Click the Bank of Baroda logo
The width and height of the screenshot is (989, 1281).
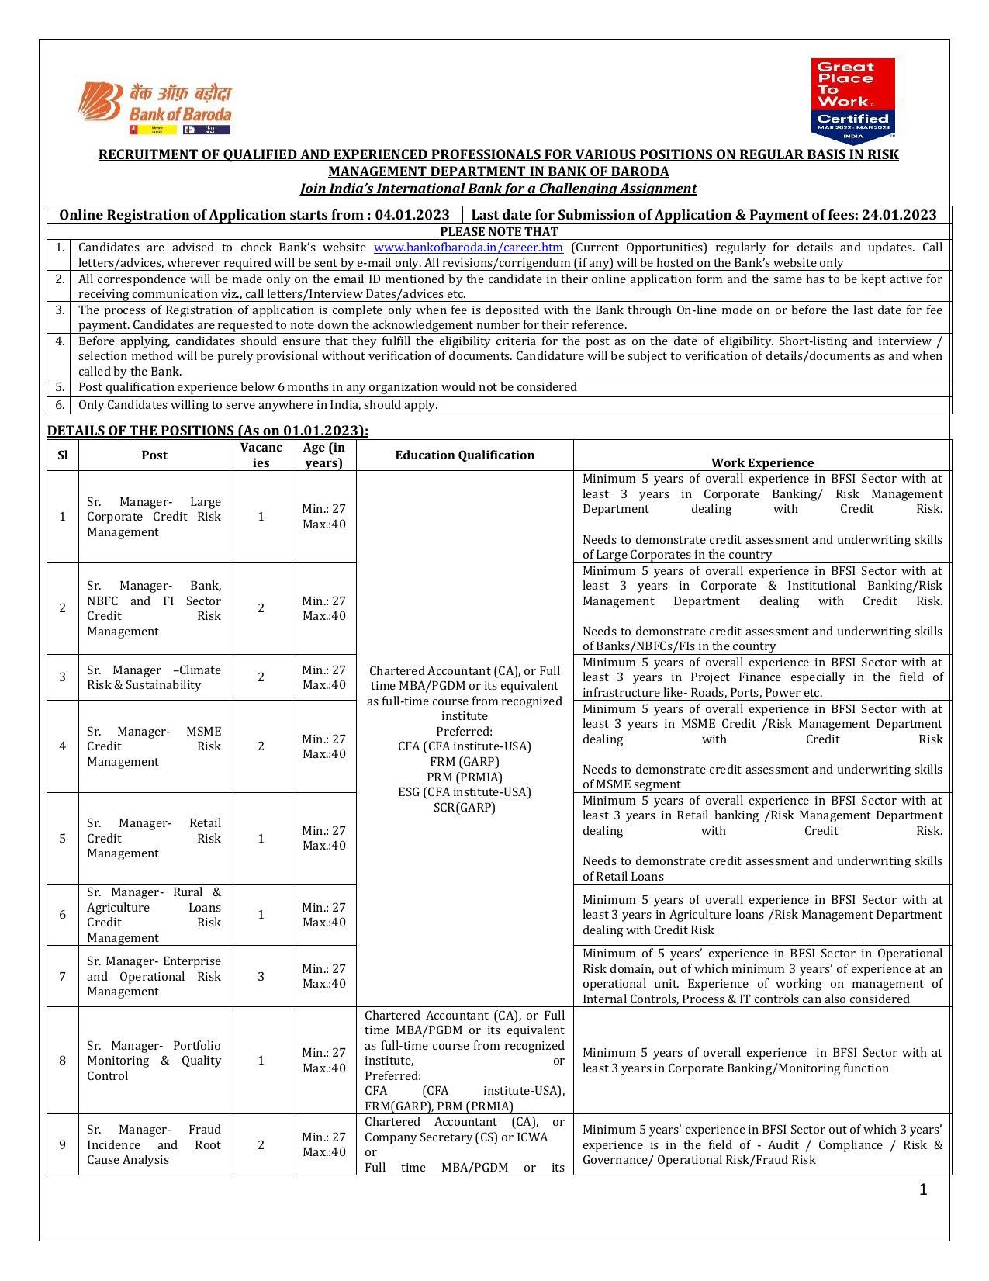(x=155, y=109)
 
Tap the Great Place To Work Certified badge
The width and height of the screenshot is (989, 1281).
(x=852, y=100)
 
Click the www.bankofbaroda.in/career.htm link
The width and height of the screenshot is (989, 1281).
(x=468, y=248)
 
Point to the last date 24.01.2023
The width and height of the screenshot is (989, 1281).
(x=898, y=215)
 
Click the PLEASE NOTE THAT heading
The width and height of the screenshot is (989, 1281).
(x=499, y=231)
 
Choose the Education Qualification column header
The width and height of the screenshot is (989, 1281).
(x=465, y=455)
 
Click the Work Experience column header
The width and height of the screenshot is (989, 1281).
(x=762, y=462)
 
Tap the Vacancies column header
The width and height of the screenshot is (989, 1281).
(x=261, y=455)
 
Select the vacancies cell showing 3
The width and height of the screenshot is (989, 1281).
(x=261, y=976)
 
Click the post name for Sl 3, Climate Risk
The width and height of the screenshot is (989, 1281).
(x=154, y=677)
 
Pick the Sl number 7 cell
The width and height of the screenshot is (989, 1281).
(x=63, y=976)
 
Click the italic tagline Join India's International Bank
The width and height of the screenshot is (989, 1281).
(x=498, y=189)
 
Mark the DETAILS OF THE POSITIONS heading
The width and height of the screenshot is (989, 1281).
(x=208, y=431)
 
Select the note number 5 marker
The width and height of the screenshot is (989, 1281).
(x=61, y=386)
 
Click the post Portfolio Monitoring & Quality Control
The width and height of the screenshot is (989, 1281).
(x=154, y=1061)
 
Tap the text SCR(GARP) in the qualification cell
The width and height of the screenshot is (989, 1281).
(x=464, y=807)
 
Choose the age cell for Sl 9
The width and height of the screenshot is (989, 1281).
(x=323, y=1144)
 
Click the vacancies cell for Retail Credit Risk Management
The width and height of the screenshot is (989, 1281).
(x=261, y=838)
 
